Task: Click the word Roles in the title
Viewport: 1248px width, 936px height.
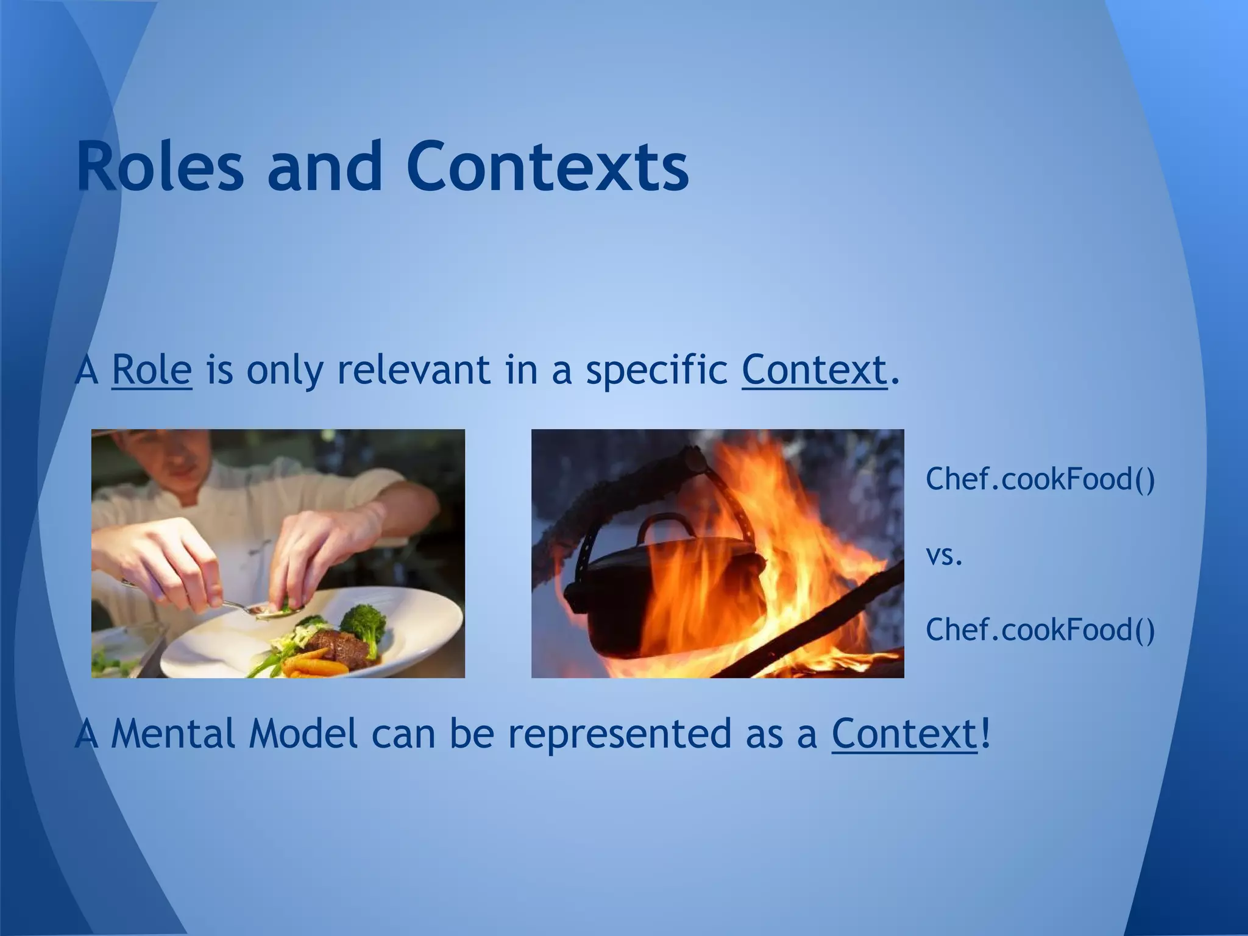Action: (x=160, y=166)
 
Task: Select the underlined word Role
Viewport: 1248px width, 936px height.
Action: (x=152, y=370)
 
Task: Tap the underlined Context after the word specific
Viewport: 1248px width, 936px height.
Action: (x=814, y=370)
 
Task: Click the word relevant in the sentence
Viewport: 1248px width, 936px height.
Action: (x=414, y=370)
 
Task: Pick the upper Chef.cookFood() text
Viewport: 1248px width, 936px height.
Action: (x=1040, y=479)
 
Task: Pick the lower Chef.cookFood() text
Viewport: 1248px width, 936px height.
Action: (x=1040, y=629)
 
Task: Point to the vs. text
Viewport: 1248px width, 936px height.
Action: (x=944, y=555)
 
